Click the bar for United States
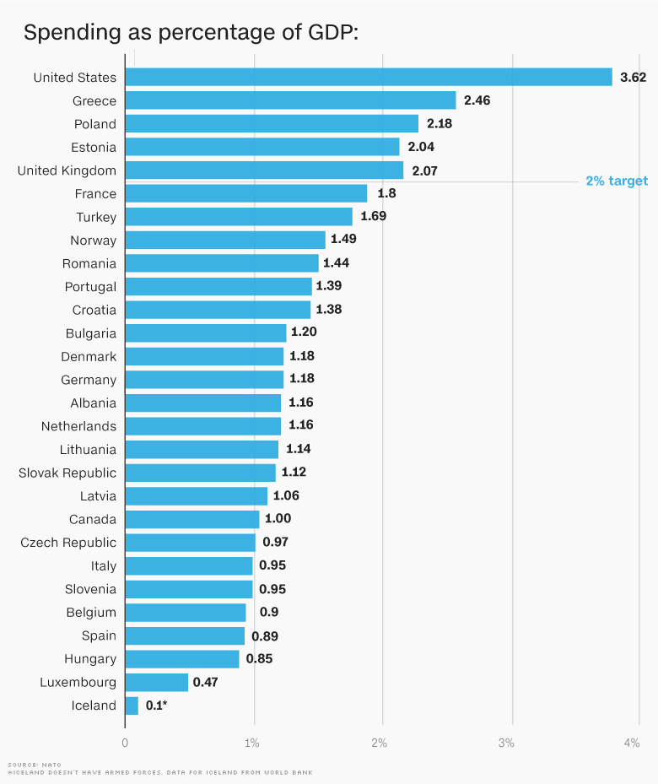[369, 77]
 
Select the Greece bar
[291, 100]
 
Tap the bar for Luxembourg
[157, 682]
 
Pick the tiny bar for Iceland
[132, 706]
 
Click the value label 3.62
[633, 77]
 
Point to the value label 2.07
[425, 170]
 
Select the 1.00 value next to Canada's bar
[278, 519]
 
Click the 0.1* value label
[156, 706]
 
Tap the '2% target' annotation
[617, 181]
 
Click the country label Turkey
[96, 217]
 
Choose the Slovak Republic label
[67, 473]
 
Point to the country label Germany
[89, 380]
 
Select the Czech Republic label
[68, 543]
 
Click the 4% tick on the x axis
[631, 743]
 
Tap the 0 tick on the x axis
[126, 743]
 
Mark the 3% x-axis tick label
[505, 743]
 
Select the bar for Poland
[272, 124]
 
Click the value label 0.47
[205, 682]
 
